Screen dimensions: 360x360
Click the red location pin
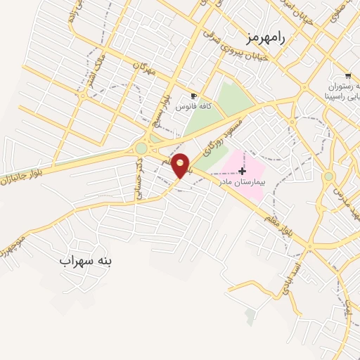181,165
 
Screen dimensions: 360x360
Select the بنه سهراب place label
86,261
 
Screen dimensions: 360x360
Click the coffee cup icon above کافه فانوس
193,96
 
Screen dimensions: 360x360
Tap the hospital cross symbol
243,171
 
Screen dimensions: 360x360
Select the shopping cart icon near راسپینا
347,75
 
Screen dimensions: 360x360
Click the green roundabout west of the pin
141,148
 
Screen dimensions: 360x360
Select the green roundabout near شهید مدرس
328,176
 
